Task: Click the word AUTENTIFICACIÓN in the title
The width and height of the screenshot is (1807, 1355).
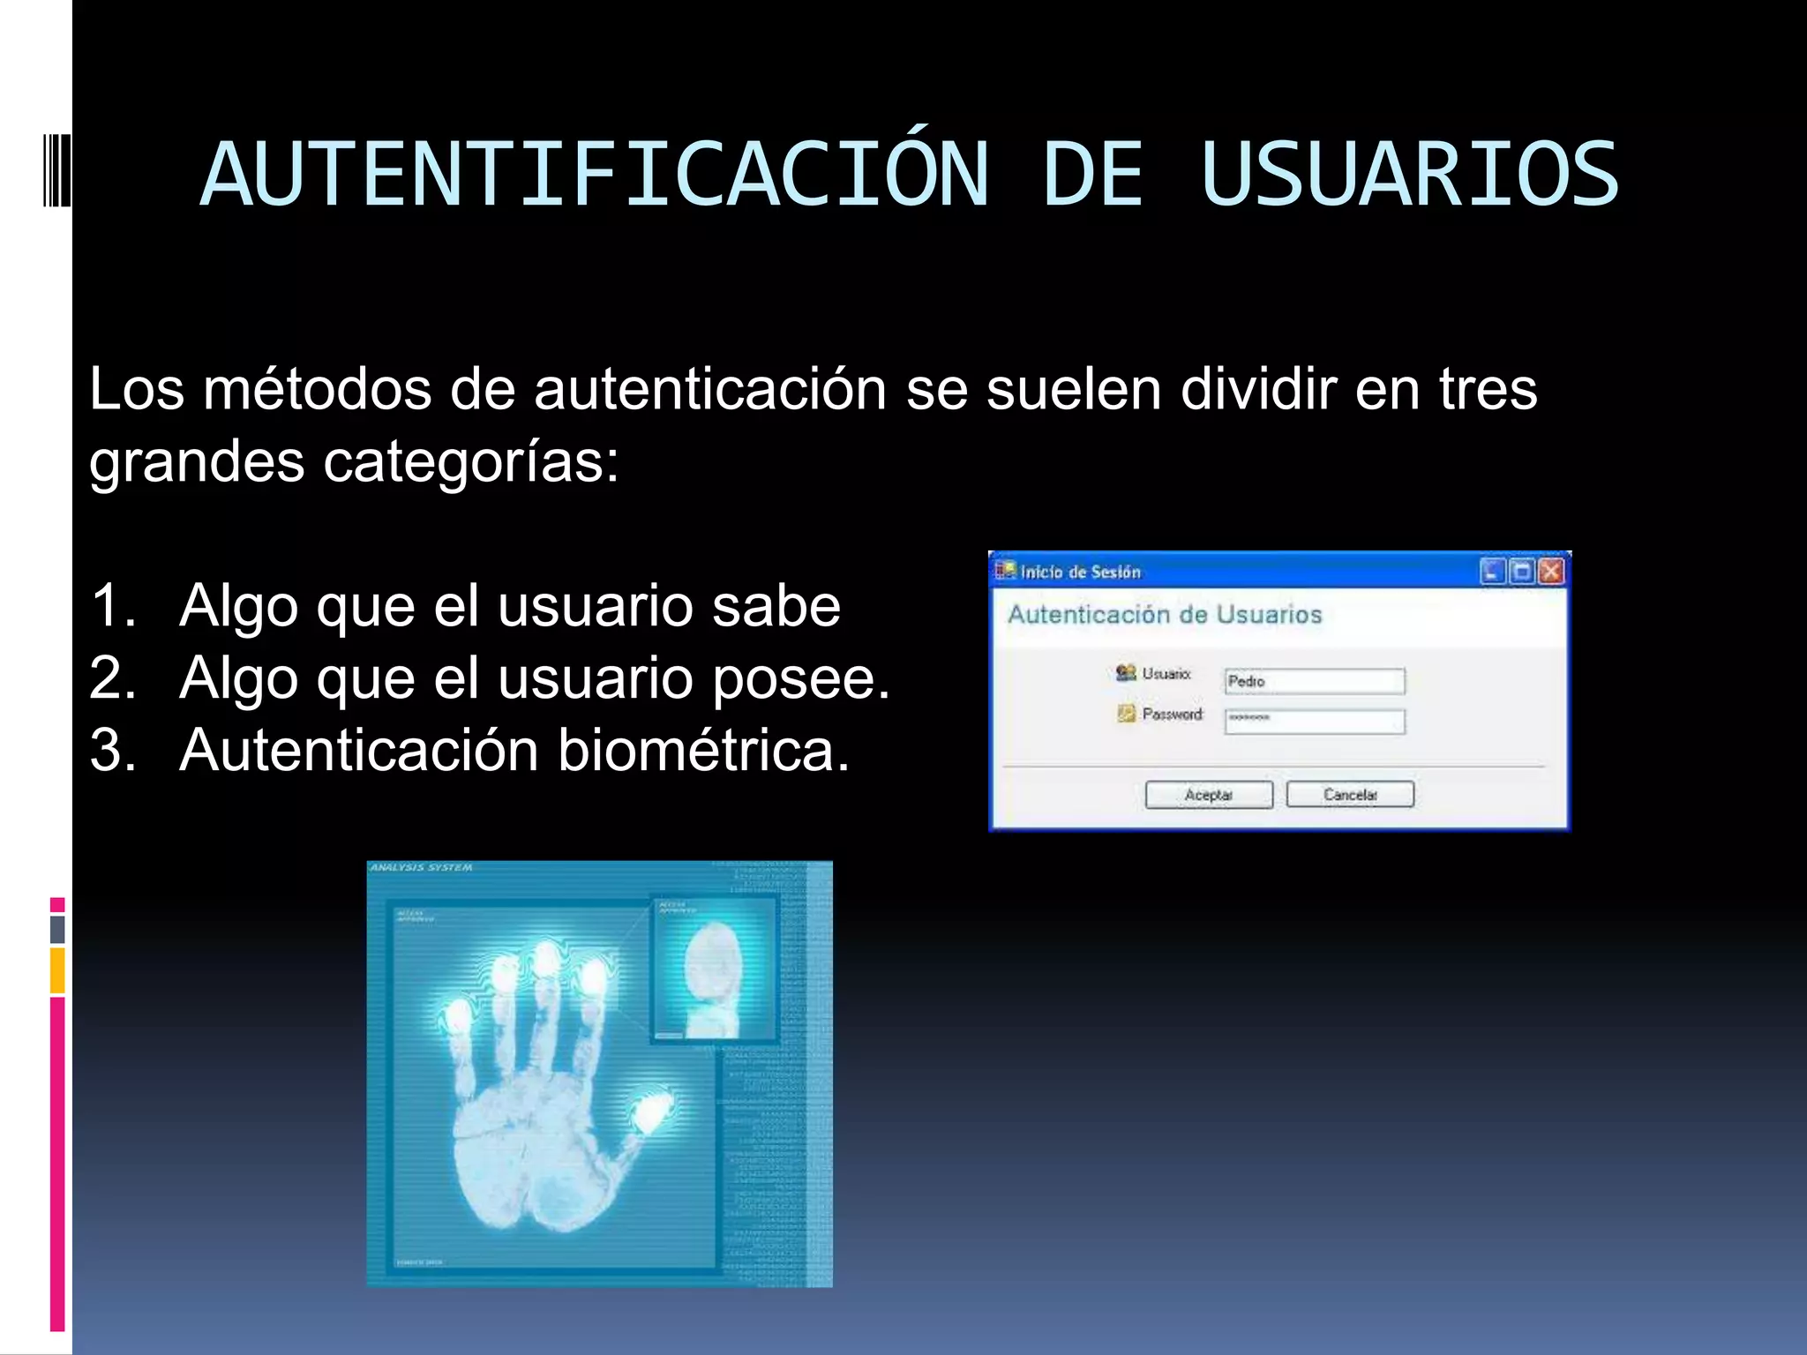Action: (595, 175)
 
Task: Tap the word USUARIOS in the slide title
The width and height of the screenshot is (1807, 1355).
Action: (1409, 175)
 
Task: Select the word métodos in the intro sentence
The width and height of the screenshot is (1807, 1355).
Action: (318, 389)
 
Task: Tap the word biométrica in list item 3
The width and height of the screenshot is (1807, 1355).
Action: (703, 751)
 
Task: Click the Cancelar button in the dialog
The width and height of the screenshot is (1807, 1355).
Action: (1350, 795)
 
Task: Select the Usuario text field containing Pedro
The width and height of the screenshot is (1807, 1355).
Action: (1315, 681)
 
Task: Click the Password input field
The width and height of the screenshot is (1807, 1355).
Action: (1315, 721)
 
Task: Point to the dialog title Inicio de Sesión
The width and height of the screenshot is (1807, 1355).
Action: (1080, 573)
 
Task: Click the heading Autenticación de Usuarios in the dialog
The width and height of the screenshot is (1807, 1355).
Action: (1165, 615)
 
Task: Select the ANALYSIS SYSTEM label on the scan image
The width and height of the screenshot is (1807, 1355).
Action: (422, 868)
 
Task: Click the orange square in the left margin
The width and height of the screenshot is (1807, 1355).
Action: (57, 970)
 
